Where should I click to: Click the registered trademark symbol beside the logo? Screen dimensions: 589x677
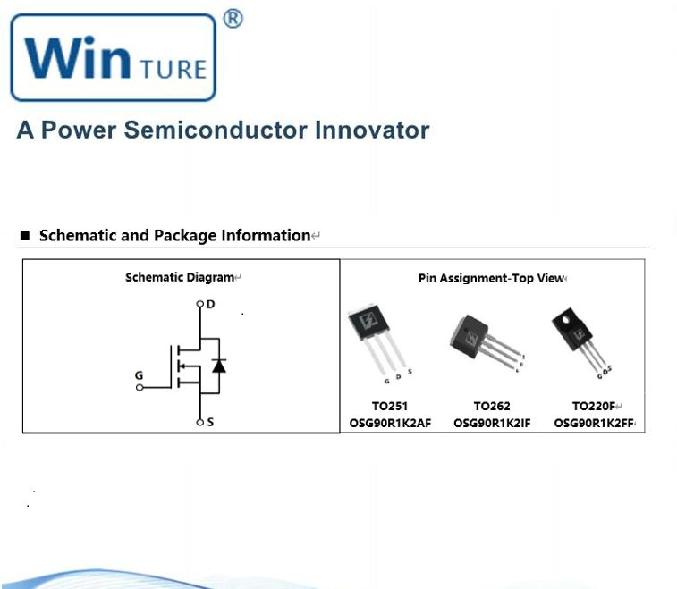232,18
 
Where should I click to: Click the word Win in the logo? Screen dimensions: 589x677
78,58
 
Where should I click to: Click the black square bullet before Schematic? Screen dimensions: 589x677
25,236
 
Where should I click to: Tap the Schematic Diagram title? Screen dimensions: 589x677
180,277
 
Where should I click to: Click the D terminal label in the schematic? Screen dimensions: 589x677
210,304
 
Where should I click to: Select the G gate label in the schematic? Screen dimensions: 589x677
139,375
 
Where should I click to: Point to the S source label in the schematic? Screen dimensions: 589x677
210,422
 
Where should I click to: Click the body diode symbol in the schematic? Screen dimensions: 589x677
218,365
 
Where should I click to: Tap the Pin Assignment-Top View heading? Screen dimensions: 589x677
491,278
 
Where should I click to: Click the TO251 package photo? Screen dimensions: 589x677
378,340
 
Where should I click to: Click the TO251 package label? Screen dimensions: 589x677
390,406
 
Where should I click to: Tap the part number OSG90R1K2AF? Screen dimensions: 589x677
390,423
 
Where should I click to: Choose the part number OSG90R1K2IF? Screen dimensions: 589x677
492,423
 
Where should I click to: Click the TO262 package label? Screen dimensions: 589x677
492,406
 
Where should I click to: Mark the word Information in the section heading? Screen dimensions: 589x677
266,236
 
